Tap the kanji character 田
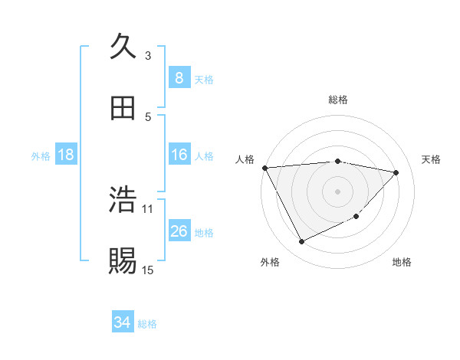123,108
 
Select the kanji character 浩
123,200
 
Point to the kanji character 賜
123,261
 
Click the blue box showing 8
179,78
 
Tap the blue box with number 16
179,155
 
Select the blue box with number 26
179,232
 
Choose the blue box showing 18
66,155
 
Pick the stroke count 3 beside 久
148,55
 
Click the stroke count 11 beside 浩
148,208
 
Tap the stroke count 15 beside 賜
148,270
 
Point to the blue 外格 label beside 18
41,156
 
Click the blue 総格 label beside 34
147,324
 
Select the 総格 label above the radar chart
337,100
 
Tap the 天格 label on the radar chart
432,159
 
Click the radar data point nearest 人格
264,168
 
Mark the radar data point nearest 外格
301,242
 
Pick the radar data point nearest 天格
396,172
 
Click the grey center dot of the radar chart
337,191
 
